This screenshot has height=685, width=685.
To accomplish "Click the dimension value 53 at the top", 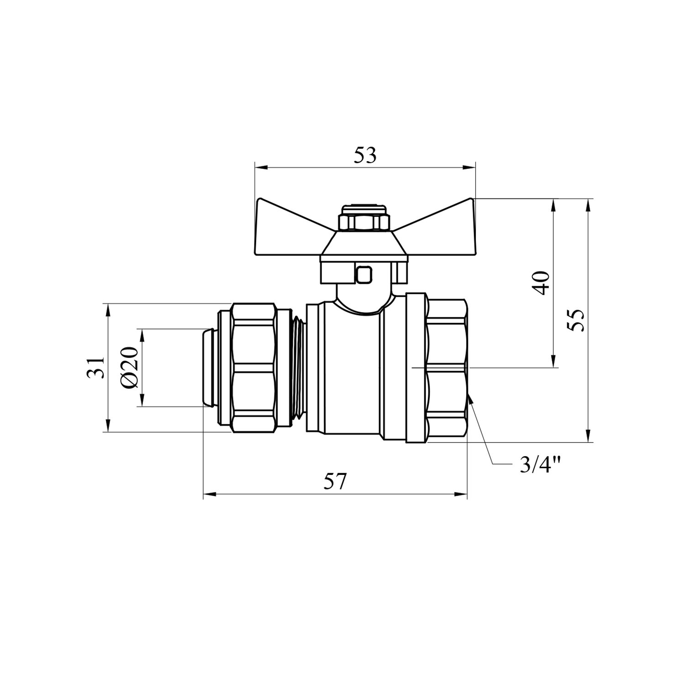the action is [365, 156].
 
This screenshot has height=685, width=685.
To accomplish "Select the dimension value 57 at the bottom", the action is [336, 482].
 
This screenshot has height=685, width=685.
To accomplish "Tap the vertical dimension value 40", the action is [542, 283].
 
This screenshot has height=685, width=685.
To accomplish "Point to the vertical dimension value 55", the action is [576, 321].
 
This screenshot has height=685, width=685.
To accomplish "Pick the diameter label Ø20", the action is [130, 368].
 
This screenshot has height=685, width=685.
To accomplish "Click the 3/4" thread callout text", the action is [540, 465].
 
